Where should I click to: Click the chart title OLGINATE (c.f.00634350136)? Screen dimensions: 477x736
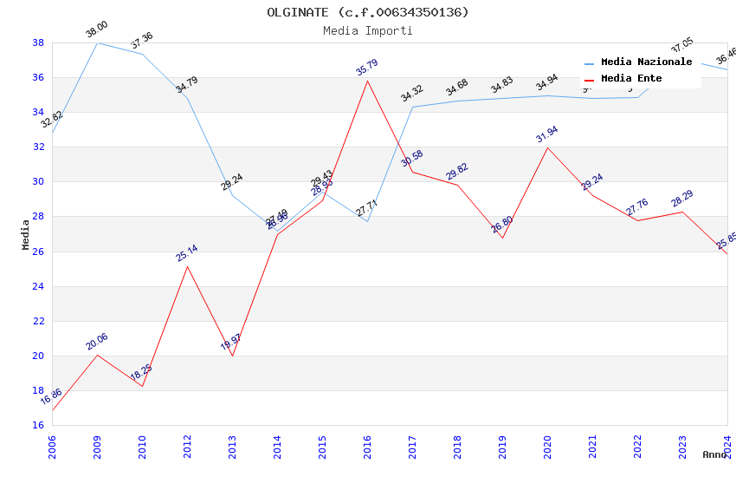click(x=368, y=12)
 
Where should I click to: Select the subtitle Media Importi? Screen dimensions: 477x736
click(x=368, y=30)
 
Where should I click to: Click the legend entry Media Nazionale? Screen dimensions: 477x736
click(x=646, y=62)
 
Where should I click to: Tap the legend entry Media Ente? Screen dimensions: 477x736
click(x=631, y=78)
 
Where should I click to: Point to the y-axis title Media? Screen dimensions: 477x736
click(x=26, y=234)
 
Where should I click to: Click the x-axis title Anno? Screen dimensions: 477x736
click(x=714, y=454)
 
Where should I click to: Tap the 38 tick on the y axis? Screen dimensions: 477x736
click(x=38, y=42)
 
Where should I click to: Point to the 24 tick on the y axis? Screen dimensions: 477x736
click(x=38, y=286)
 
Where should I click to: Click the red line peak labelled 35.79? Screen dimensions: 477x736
click(x=367, y=82)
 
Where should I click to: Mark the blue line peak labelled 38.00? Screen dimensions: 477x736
click(x=97, y=42)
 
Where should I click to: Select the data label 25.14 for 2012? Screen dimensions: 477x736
click(x=186, y=252)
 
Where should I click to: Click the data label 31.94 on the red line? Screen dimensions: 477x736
click(x=546, y=134)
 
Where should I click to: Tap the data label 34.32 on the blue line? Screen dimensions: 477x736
click(x=411, y=94)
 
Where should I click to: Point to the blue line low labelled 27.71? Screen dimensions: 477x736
click(x=367, y=221)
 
